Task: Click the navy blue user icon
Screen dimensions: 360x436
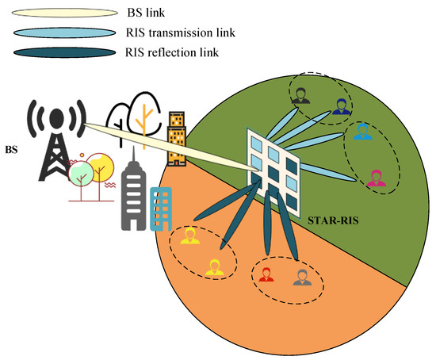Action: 340,106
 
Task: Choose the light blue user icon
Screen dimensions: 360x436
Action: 362,132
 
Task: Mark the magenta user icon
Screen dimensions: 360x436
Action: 377,178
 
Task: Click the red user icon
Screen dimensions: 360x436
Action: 266,274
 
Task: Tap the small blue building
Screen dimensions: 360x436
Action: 162,209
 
